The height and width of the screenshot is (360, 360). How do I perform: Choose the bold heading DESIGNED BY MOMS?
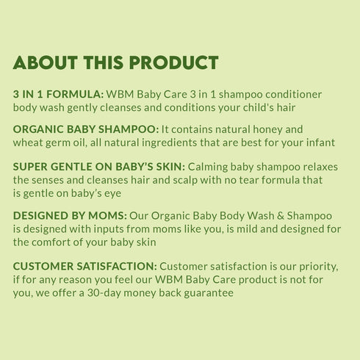[x=70, y=216]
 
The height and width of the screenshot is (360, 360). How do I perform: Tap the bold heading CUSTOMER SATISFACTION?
[x=84, y=266]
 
